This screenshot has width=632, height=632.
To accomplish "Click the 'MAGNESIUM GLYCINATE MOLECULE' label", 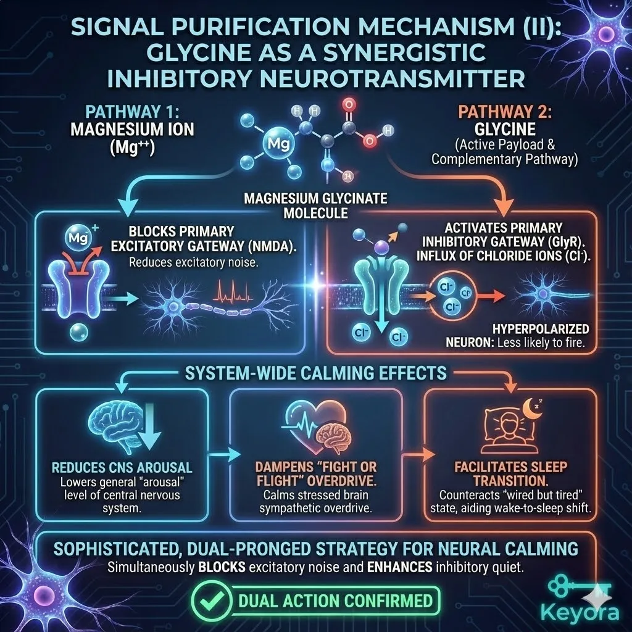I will [316, 205].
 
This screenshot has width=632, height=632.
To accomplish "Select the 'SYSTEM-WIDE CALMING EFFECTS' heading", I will [316, 373].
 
